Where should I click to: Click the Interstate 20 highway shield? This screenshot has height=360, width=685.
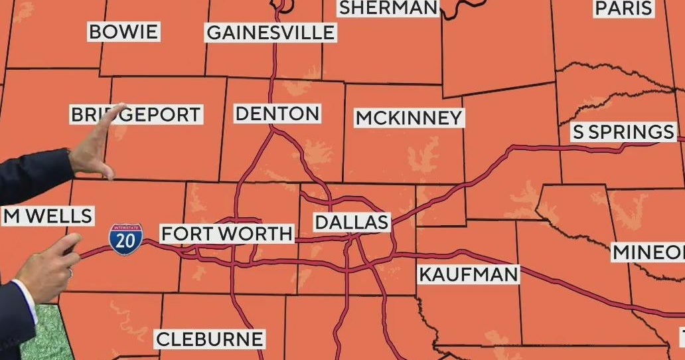click(x=125, y=240)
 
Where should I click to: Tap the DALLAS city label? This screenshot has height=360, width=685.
click(x=351, y=222)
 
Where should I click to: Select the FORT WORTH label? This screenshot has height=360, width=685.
click(x=227, y=234)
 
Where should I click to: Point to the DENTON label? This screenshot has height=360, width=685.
click(x=277, y=114)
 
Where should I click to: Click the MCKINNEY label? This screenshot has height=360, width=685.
click(x=408, y=118)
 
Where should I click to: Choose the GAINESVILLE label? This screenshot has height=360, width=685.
click(x=270, y=33)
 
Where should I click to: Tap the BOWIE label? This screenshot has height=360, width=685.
click(x=123, y=32)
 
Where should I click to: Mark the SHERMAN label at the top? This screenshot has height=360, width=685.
click(x=388, y=8)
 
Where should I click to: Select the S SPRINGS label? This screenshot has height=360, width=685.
click(x=623, y=132)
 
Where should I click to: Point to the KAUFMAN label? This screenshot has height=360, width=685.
click(x=468, y=274)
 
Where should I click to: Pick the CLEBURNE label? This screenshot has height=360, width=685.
click(x=209, y=339)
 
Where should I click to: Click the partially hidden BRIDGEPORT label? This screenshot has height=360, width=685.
click(x=136, y=114)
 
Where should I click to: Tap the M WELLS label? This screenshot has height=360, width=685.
click(x=46, y=216)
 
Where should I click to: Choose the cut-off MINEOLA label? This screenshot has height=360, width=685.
click(x=648, y=252)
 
